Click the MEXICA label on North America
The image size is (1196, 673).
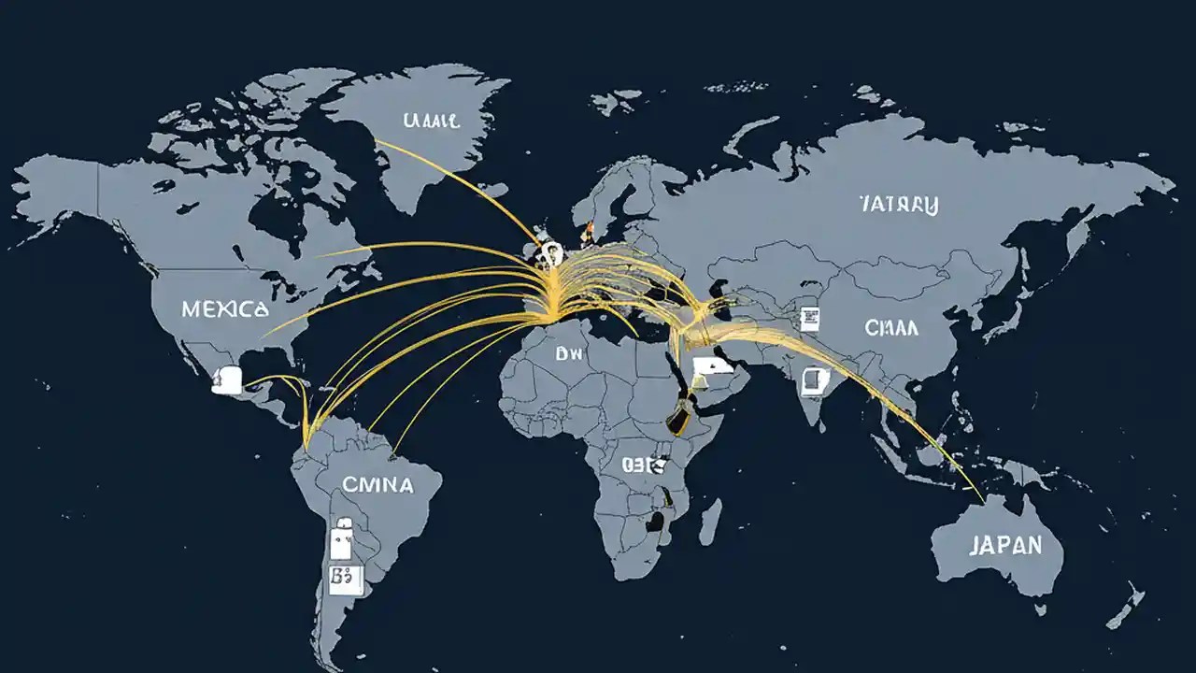click(x=225, y=309)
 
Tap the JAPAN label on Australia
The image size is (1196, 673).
click(x=1005, y=546)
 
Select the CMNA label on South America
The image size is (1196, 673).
click(x=377, y=485)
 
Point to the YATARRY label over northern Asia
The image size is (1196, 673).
click(x=898, y=204)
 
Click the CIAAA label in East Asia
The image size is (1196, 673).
click(x=891, y=328)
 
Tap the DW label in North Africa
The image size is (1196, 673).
click(x=568, y=354)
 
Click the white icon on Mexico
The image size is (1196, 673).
click(x=227, y=379)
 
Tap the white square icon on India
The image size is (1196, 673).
click(x=815, y=380)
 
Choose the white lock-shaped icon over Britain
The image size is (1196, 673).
click(x=551, y=251)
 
